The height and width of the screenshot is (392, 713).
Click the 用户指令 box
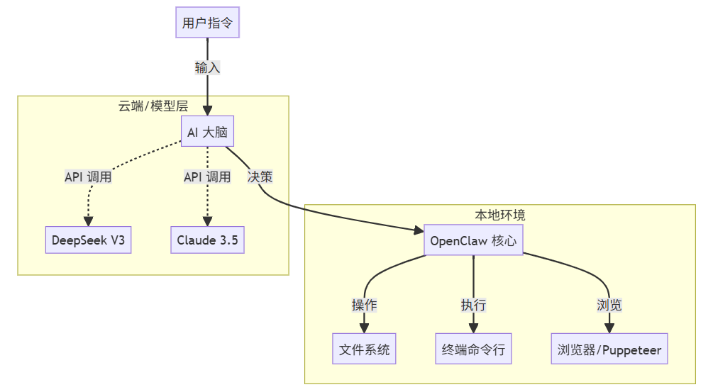207,23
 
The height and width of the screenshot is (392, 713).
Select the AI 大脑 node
207,133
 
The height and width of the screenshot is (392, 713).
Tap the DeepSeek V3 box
88,240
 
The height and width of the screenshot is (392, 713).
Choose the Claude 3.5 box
207,240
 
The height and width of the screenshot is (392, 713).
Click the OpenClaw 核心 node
473,241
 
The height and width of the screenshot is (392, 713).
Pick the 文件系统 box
364,349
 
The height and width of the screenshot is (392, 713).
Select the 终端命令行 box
473,349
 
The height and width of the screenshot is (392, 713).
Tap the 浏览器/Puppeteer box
609,349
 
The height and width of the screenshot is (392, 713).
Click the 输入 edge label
207,68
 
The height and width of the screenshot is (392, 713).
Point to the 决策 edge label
260,177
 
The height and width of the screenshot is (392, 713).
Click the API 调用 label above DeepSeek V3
88,177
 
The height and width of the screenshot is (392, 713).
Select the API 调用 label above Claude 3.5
207,177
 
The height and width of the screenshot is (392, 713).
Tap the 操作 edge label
364,305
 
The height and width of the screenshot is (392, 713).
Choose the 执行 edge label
473,305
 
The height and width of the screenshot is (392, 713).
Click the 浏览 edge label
609,305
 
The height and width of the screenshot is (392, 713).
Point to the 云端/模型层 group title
153,106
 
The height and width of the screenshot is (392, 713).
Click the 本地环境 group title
500,215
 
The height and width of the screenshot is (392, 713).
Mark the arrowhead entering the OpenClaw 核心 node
419,230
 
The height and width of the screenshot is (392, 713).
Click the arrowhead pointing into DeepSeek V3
88,222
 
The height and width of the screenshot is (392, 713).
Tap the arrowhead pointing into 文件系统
364,328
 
